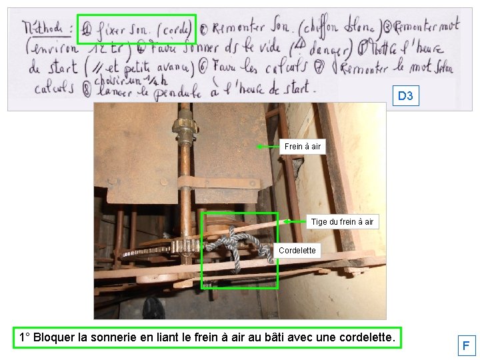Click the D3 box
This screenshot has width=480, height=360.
pyautogui.click(x=405, y=96)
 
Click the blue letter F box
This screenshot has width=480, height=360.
pyautogui.click(x=466, y=346)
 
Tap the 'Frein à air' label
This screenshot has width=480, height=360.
pyautogui.click(x=302, y=146)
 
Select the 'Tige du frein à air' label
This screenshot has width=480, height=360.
pyautogui.click(x=342, y=221)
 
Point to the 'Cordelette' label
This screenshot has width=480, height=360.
pyautogui.click(x=297, y=251)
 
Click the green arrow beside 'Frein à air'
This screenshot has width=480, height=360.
pyautogui.click(x=267, y=146)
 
